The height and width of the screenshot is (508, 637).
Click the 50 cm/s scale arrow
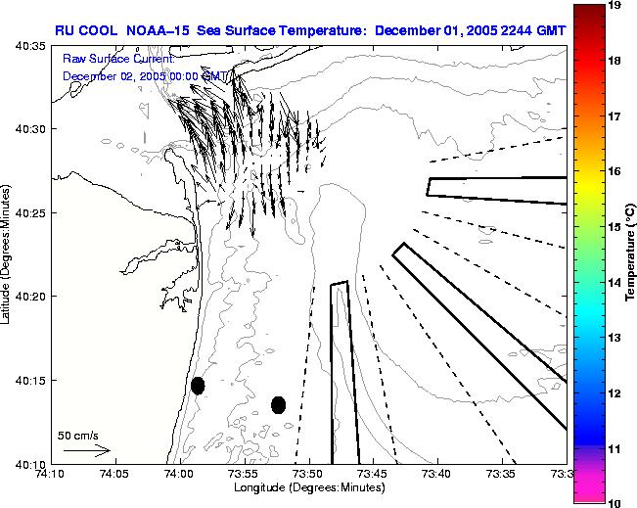[x=87, y=451]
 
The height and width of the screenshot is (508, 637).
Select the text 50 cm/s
[x=77, y=435]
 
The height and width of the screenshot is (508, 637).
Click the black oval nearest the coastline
[x=198, y=386]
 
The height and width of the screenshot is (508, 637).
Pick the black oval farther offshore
[x=279, y=404]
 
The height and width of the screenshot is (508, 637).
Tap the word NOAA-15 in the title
[x=159, y=29]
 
